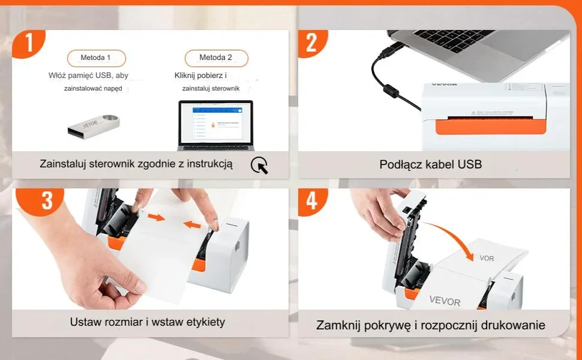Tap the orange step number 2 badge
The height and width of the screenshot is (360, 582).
coord(311,43)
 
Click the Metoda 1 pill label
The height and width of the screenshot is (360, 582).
coord(95,58)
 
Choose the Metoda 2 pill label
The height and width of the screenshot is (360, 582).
coord(215,58)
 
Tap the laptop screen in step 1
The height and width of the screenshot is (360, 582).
coord(215,122)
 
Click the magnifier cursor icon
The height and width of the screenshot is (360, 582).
coord(259,165)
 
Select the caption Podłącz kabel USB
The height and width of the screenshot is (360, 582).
coord(430,164)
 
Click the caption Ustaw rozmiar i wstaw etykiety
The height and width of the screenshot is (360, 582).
coord(148,322)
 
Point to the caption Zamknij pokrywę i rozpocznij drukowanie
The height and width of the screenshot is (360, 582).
coord(430,325)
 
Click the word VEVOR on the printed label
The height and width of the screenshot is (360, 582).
coord(445,299)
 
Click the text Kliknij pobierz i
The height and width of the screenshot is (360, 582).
coord(200,76)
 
